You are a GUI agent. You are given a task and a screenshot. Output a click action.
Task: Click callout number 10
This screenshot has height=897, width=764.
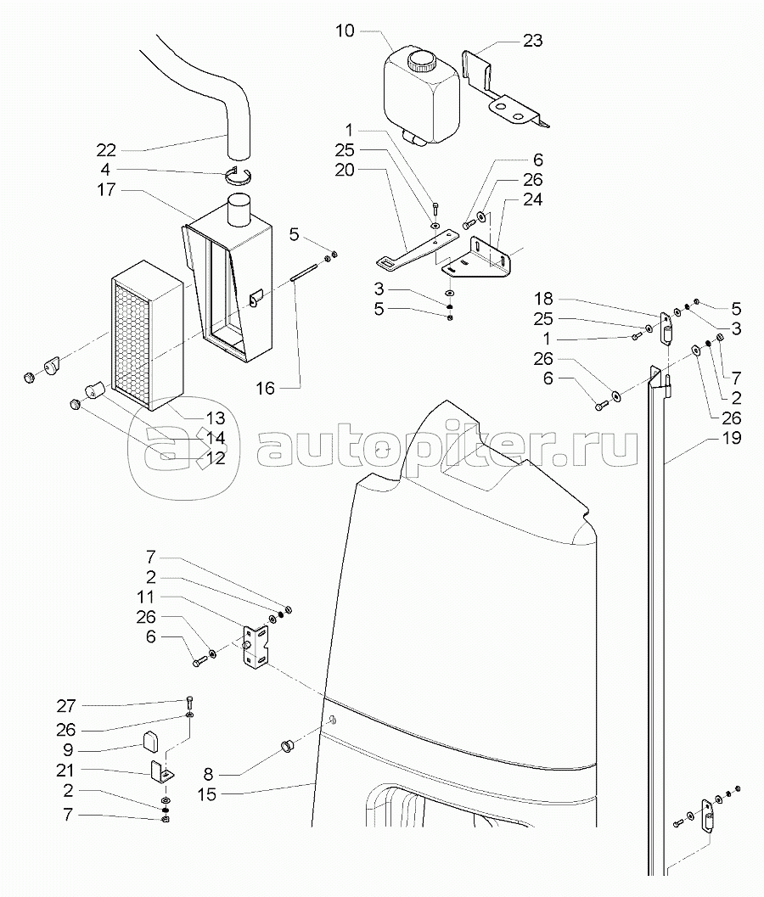[345, 32]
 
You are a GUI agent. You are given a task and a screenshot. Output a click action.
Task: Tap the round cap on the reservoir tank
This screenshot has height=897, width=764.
[420, 61]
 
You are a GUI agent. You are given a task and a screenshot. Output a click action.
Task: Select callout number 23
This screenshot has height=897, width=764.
[532, 41]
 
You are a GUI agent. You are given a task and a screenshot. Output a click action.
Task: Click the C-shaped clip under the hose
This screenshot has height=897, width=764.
[240, 175]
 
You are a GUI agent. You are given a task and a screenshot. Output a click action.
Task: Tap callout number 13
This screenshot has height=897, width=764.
[215, 418]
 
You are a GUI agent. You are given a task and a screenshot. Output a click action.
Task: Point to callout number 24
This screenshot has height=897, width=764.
[532, 200]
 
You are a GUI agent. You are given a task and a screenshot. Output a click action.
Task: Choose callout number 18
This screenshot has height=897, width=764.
[544, 299]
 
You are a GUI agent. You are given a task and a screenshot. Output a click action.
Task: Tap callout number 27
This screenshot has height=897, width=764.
[67, 706]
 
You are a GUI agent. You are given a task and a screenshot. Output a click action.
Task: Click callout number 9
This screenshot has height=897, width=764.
[67, 750]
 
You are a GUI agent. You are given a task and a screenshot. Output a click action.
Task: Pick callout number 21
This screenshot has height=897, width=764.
[67, 771]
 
